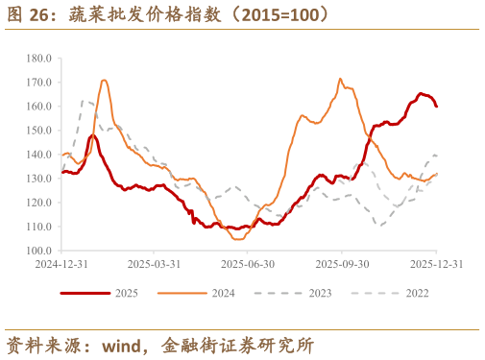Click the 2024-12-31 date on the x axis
point(61,263)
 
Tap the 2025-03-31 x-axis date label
point(154,263)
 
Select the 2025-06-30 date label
point(248,263)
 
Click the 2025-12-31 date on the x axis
point(438,263)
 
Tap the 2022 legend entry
point(406,293)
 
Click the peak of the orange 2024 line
point(341,79)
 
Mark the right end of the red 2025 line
point(437,106)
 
